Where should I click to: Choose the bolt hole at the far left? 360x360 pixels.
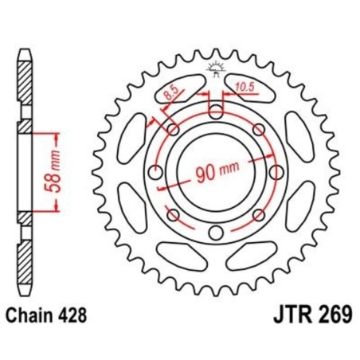[155, 172]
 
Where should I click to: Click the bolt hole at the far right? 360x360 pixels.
[276, 172]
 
